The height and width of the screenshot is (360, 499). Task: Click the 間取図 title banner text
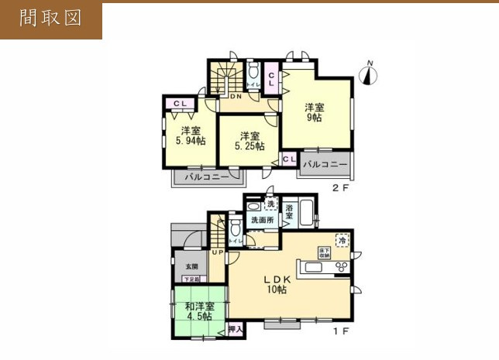point(50,19)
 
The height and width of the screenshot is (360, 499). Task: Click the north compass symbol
point(370,74)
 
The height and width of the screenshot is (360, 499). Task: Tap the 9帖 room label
point(312,112)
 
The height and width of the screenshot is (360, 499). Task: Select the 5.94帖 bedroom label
point(190,135)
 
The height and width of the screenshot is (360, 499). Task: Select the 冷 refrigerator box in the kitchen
point(342,240)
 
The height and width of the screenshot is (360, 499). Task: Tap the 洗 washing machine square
point(270,204)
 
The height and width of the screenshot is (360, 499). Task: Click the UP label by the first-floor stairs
point(218,252)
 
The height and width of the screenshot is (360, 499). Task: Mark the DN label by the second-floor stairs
point(236,98)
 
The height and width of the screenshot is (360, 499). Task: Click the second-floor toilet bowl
point(253,75)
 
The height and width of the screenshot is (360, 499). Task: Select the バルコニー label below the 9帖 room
point(323,165)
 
